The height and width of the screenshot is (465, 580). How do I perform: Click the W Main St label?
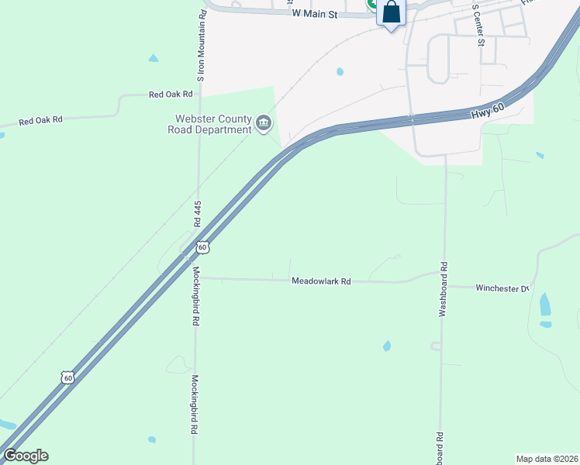[315, 13]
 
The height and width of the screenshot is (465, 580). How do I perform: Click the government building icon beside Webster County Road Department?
[264, 122]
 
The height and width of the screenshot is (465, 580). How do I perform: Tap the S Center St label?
[480, 22]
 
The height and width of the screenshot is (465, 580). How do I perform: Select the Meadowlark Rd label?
[321, 281]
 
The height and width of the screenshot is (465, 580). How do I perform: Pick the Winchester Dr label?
[502, 288]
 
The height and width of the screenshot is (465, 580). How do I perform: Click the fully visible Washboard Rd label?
[444, 286]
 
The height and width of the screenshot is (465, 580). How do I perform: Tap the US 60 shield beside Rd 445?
[202, 247]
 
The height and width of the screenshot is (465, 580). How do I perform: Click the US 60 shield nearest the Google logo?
[68, 377]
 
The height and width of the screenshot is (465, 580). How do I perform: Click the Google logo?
[26, 456]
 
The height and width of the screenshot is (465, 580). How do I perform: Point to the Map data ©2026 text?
[546, 459]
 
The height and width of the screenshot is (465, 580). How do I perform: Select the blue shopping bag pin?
[391, 13]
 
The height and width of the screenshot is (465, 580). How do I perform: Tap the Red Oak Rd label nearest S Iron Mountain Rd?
[171, 95]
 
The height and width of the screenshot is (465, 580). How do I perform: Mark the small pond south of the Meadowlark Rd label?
[387, 346]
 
